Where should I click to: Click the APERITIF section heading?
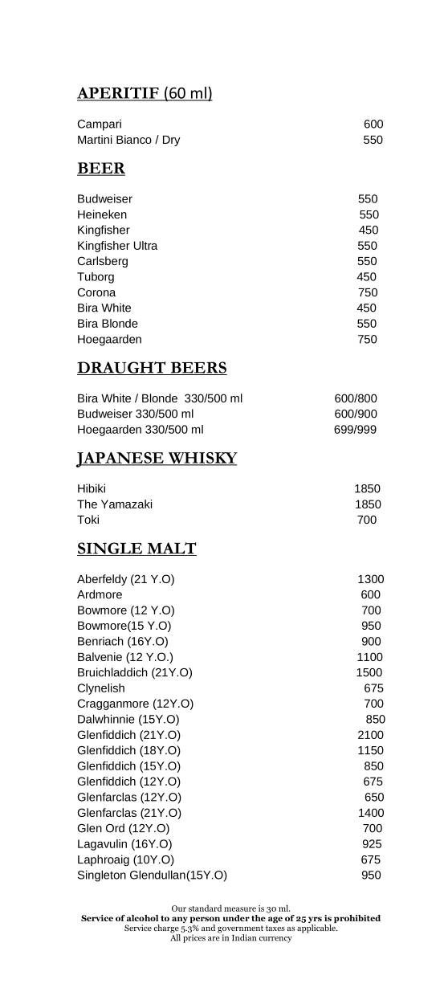[145, 94]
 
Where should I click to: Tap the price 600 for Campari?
[373, 124]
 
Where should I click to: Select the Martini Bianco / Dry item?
[128, 140]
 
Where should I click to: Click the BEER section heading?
[101, 169]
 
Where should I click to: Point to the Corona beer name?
[96, 292]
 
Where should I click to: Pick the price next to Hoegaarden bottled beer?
[367, 339]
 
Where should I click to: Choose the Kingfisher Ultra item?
[117, 246]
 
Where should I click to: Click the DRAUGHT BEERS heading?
[152, 368]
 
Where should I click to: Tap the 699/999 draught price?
[355, 430]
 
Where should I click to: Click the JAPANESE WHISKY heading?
[157, 459]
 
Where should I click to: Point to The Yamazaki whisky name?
[115, 504]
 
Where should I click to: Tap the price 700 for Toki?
[366, 520]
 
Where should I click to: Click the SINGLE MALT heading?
[136, 549]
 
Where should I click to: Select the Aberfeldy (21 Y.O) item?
[126, 579]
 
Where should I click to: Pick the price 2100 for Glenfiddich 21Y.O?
[371, 735]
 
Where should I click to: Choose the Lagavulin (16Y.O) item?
[124, 844]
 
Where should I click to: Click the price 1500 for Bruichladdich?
[369, 672]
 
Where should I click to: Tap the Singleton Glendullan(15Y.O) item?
[152, 876]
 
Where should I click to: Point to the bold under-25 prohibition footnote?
[230, 918]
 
